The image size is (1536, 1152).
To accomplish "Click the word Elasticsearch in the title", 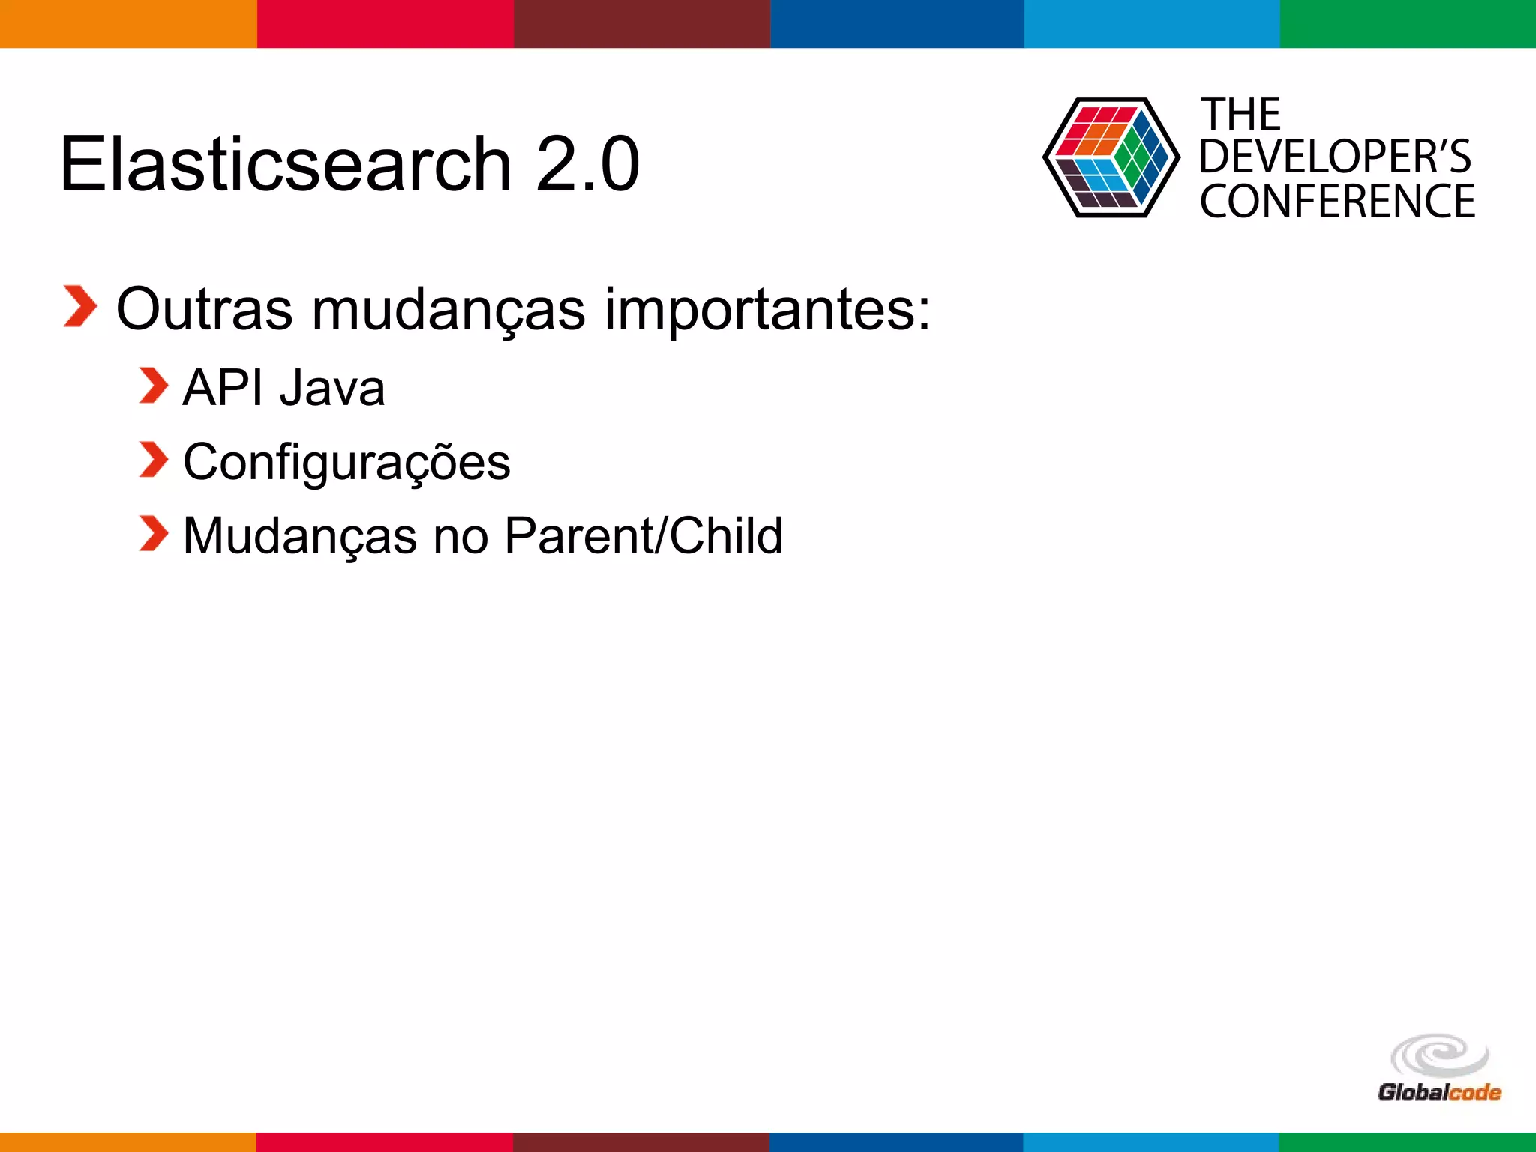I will [285, 164].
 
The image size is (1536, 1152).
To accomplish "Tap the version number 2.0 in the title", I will [587, 164].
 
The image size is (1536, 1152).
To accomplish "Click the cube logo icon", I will [1111, 157].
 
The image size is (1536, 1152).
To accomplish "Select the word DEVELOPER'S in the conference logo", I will [1335, 157].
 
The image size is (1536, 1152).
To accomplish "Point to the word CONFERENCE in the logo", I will [1337, 202].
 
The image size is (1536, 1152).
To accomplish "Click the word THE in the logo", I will [1240, 115].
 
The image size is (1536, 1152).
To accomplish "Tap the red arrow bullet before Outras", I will [79, 306].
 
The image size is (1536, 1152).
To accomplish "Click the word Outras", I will [204, 309].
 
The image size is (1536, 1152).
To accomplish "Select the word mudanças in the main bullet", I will [448, 309].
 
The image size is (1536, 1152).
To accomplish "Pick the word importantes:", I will [766, 309].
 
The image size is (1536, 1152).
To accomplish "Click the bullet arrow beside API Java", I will [154, 385].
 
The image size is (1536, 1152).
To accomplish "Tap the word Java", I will [332, 388].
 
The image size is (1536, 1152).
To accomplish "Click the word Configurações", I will [346, 463].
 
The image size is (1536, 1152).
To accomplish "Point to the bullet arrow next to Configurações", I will [154, 459].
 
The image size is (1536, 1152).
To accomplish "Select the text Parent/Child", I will [643, 536].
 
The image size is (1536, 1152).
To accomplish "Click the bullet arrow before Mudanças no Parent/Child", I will [154, 533].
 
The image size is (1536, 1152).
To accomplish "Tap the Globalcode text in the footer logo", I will [1438, 1092].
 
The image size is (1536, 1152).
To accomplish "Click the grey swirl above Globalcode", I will [1438, 1055].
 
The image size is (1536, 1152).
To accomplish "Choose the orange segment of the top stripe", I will [127, 24].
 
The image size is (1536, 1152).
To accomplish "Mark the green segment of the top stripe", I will [1408, 24].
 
